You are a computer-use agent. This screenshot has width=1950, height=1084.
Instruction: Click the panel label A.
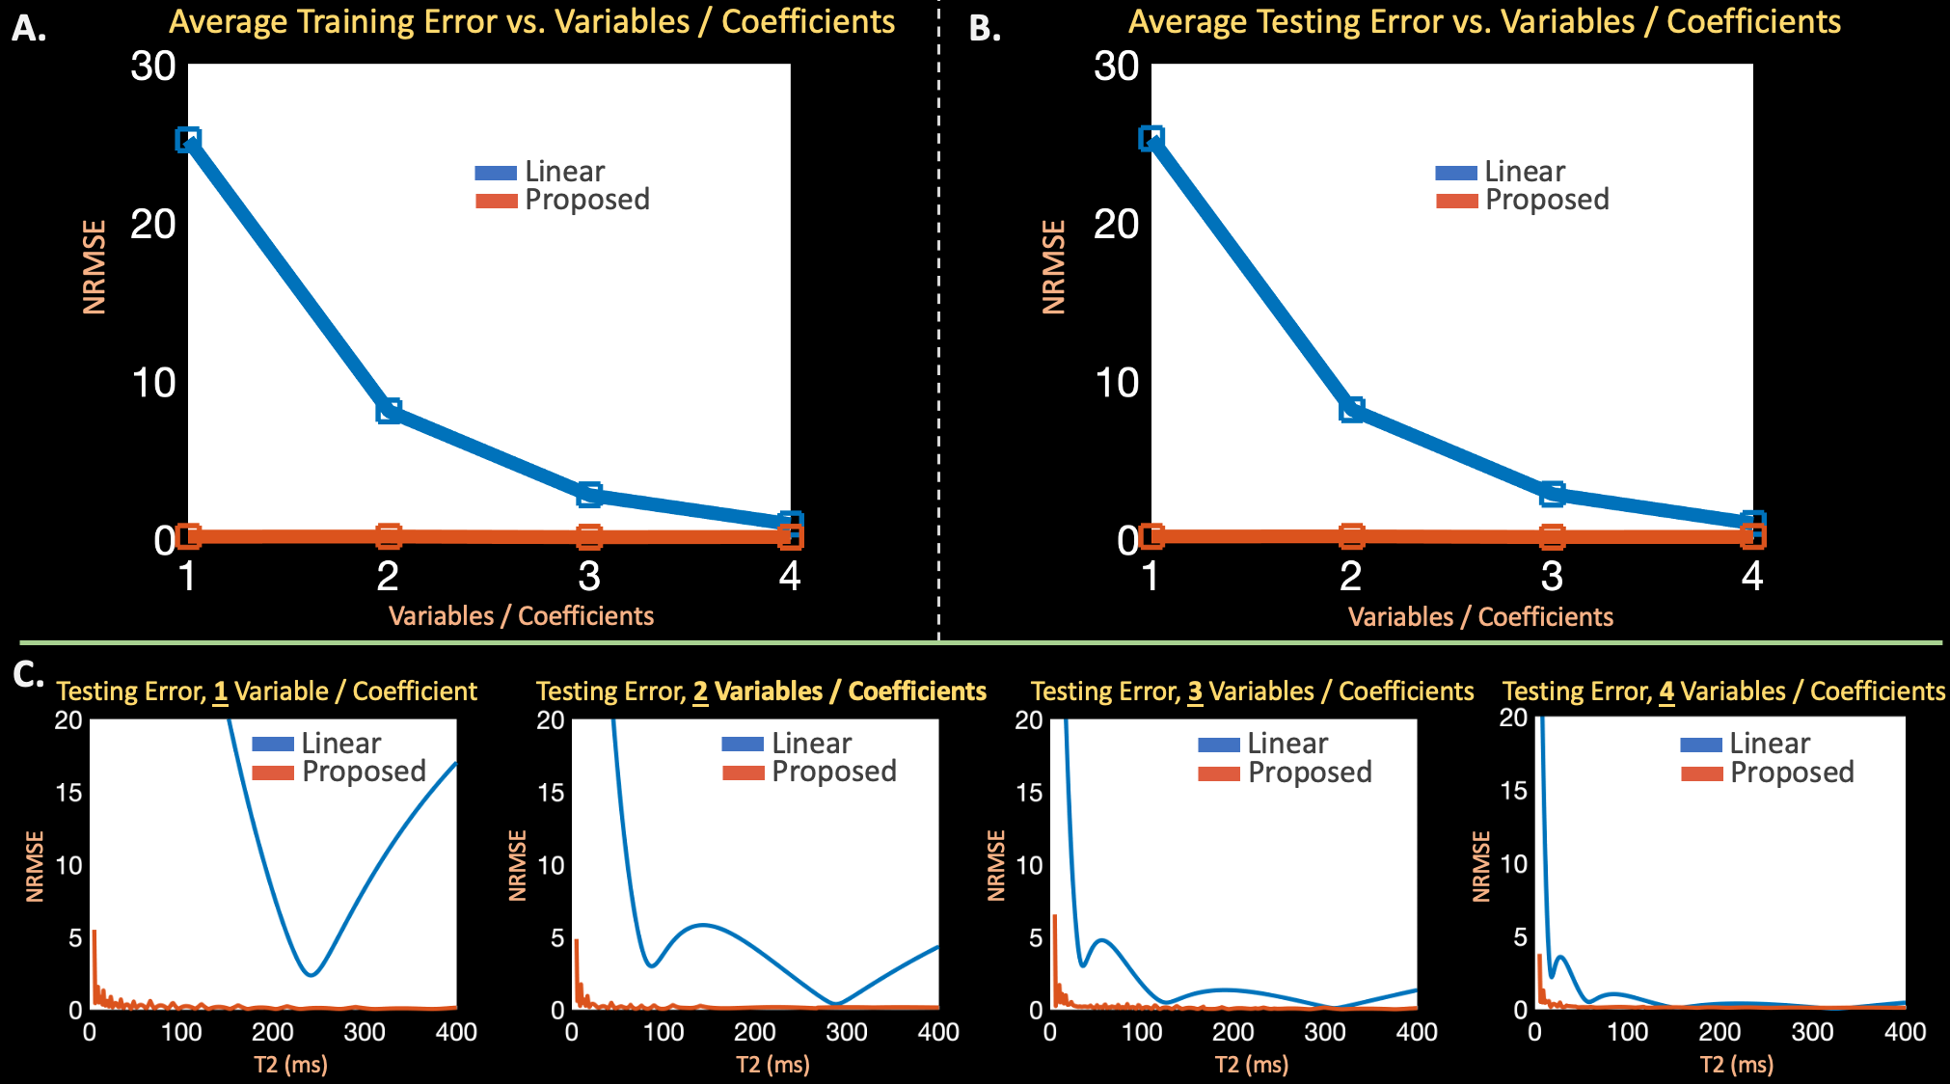coord(28,29)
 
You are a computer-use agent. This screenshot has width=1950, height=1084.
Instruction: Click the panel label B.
coord(984,29)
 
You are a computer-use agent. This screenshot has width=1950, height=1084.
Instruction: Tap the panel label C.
coord(28,674)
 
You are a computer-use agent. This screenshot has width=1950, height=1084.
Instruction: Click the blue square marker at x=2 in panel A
coord(389,411)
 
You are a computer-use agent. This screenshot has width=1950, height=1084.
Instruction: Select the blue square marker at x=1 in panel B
coord(1151,139)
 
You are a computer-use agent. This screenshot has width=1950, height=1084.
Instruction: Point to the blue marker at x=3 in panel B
coord(1552,494)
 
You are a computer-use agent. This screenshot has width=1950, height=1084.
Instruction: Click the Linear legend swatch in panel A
coord(496,174)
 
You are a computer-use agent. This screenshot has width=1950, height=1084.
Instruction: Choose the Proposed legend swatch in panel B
coord(1456,201)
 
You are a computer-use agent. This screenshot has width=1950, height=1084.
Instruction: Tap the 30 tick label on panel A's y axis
coord(153,67)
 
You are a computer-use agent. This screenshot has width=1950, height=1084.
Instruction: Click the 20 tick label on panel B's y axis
coord(1117,225)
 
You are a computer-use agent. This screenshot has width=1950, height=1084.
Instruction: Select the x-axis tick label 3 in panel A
coord(589,577)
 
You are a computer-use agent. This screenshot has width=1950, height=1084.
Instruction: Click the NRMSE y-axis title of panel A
coord(95,267)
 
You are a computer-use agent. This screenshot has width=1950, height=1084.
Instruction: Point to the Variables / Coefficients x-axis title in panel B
coord(1480,617)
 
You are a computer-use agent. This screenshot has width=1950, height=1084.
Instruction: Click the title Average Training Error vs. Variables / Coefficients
coord(531,21)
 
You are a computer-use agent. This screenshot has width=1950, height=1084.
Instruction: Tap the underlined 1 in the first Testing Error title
coord(221,691)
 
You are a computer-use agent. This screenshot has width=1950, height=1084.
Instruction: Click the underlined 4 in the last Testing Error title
coord(1666,691)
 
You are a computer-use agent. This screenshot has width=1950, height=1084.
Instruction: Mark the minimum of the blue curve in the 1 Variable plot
coord(311,975)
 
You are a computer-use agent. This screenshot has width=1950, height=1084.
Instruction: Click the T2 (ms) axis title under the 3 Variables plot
coord(1252,1065)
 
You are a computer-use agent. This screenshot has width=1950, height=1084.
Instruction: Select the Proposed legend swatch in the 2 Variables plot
coord(743,772)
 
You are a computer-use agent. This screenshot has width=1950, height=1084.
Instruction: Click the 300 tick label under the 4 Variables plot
coord(1812,1033)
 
